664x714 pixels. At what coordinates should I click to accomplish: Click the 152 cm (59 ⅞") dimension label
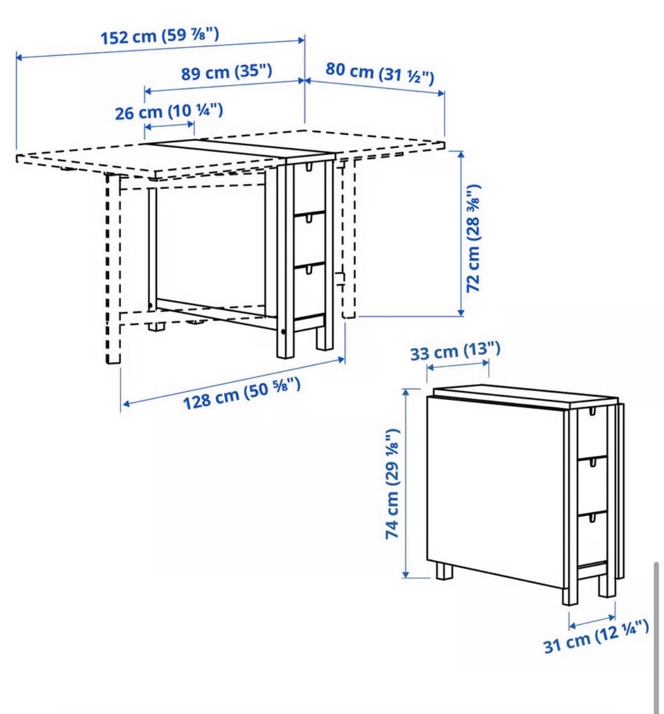point(159,35)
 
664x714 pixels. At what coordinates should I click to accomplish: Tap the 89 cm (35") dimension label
point(227,72)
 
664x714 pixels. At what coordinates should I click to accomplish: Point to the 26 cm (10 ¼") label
point(169,111)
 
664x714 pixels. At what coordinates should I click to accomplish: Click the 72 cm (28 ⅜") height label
point(473,238)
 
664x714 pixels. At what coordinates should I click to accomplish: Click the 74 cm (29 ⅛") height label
point(392,484)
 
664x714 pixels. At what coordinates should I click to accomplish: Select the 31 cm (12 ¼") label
point(596,636)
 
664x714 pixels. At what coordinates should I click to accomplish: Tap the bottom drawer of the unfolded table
point(309,291)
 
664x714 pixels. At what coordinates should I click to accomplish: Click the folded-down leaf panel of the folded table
point(495,495)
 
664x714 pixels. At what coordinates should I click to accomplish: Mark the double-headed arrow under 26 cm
point(169,125)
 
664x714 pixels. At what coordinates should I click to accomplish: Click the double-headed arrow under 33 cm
point(458,365)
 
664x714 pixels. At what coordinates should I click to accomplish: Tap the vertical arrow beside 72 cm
point(461,233)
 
